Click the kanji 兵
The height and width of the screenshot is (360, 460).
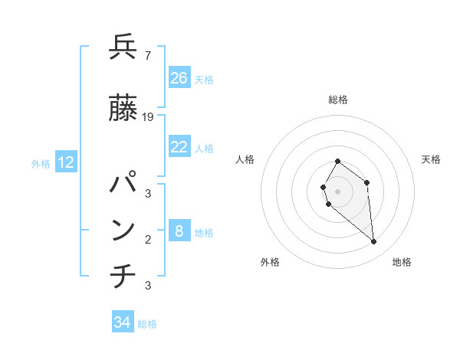pos(123,47)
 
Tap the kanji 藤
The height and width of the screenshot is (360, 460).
pos(123,109)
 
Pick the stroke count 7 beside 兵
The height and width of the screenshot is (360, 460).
pos(147,55)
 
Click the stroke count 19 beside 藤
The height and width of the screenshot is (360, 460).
pos(149,117)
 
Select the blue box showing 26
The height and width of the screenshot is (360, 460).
pos(179,77)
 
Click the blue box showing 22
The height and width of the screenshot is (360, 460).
pos(179,147)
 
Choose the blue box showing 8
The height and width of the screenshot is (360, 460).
pos(179,231)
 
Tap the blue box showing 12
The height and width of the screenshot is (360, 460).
pos(66,162)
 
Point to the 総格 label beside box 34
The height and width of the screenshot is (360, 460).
pos(147,324)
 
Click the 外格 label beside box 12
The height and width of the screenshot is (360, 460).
pos(41,163)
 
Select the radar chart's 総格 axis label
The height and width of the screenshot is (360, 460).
pos(338,100)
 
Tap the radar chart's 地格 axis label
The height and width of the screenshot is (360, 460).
pos(402,262)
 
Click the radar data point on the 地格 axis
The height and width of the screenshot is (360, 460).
pos(374,242)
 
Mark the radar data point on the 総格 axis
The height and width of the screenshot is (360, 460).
pos(338,162)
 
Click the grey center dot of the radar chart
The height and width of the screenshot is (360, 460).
pos(338,191)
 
